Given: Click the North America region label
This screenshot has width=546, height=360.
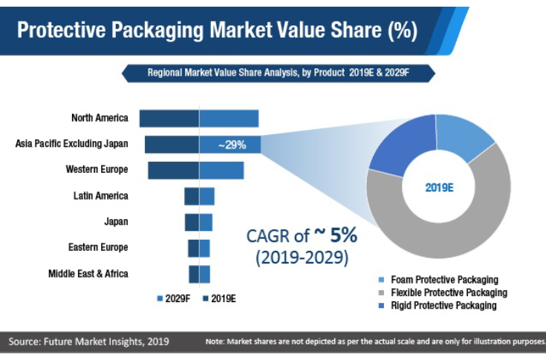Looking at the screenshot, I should point(100,118).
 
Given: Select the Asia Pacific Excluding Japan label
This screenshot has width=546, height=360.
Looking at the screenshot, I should point(71,143).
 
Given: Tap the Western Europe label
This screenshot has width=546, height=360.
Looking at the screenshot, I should point(97,169).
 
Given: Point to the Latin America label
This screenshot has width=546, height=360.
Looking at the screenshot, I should point(100,196).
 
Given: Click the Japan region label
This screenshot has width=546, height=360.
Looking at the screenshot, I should point(116,221).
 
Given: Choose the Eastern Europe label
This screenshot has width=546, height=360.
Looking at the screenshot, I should point(98,247).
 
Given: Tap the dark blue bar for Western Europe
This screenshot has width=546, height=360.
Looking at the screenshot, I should point(173,170).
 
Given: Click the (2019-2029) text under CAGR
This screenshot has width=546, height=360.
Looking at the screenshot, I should point(302,258).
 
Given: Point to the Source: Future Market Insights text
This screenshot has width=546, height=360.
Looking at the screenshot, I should point(88,341).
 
